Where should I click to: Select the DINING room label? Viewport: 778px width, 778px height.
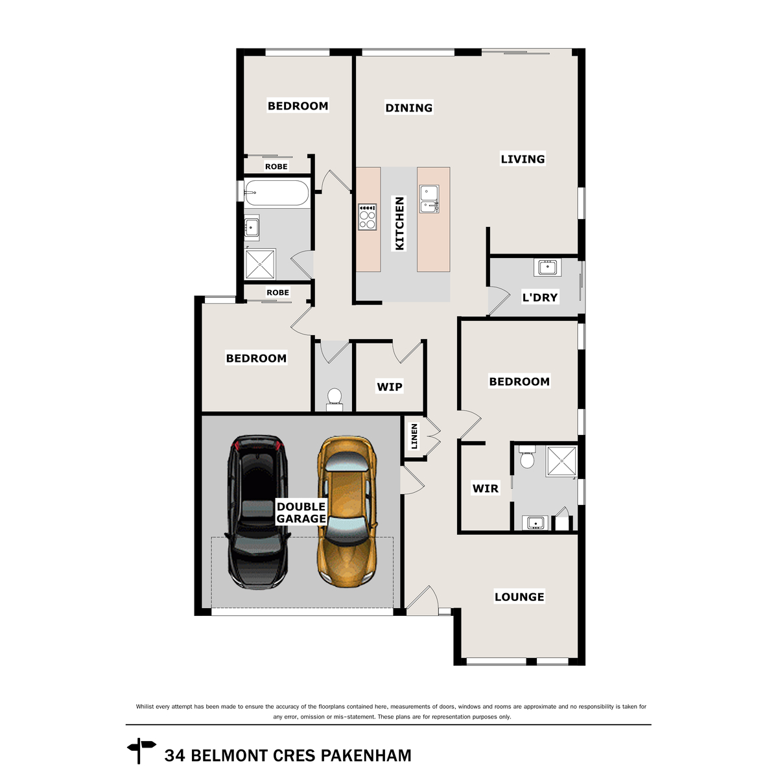pyautogui.click(x=408, y=108)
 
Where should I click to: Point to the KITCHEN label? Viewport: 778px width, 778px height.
pyautogui.click(x=399, y=223)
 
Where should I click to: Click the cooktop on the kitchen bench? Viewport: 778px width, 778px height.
pyautogui.click(x=368, y=217)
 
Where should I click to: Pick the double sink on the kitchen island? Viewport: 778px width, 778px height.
pyautogui.click(x=429, y=198)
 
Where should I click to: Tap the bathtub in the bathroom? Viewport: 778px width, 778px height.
pyautogui.click(x=277, y=193)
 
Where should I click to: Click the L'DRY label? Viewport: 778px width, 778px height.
pyautogui.click(x=540, y=298)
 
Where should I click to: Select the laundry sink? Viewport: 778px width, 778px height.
pyautogui.click(x=547, y=267)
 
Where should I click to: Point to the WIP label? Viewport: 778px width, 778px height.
pyautogui.click(x=389, y=387)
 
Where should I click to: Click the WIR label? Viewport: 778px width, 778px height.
pyautogui.click(x=486, y=489)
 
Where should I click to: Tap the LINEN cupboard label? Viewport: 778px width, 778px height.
pyautogui.click(x=414, y=436)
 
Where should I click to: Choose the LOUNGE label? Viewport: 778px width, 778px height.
pyautogui.click(x=519, y=596)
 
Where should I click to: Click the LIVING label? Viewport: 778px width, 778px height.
pyautogui.click(x=523, y=159)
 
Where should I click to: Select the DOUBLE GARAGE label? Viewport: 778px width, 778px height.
pyautogui.click(x=301, y=512)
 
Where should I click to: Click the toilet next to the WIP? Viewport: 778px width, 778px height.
pyautogui.click(x=334, y=399)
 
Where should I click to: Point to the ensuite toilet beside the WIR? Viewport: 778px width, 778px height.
pyautogui.click(x=527, y=456)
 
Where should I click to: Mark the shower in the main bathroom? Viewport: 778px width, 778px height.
pyautogui.click(x=261, y=264)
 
